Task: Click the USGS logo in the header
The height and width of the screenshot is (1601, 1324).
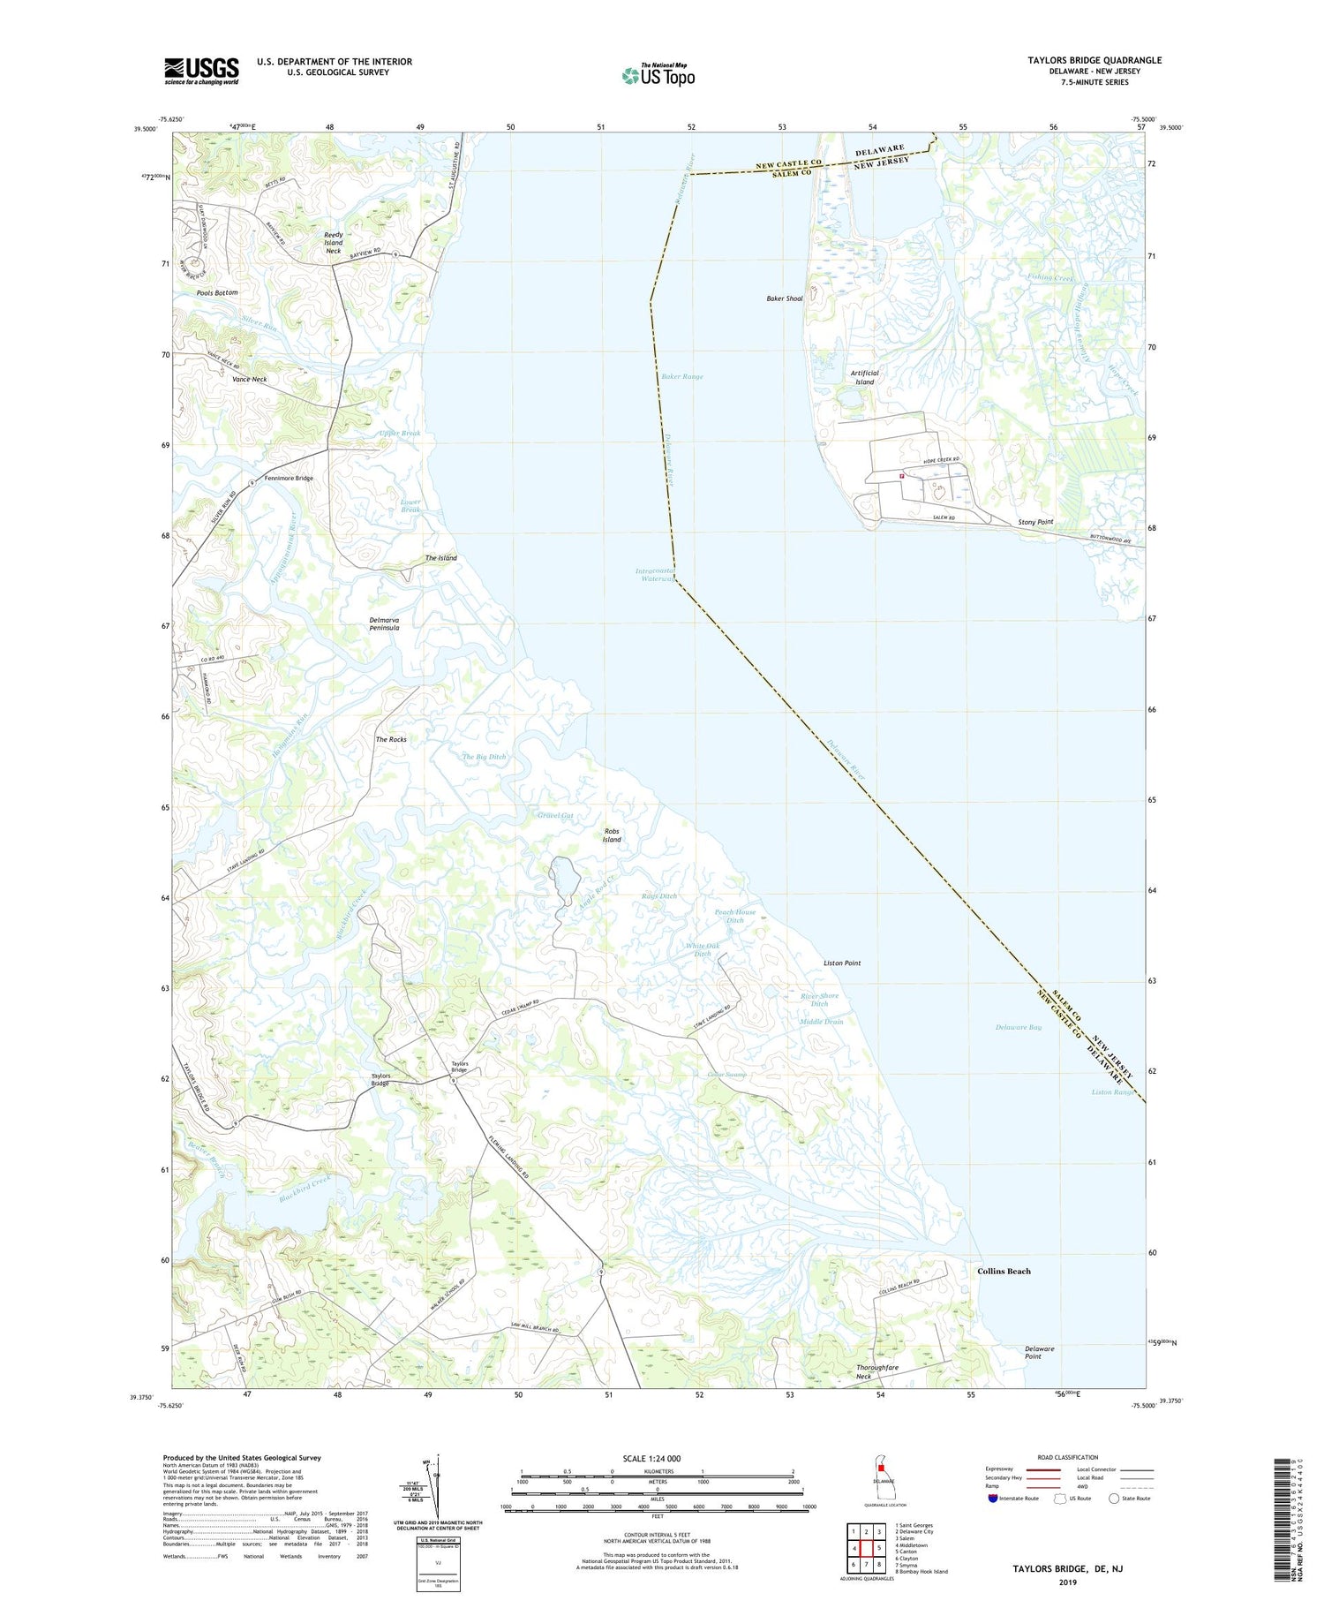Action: [201, 71]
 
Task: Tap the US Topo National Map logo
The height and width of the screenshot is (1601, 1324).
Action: [658, 76]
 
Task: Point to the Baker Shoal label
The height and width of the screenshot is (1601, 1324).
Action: [784, 298]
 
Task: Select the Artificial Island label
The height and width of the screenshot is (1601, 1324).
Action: [864, 377]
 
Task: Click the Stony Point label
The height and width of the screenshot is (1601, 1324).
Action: [1035, 522]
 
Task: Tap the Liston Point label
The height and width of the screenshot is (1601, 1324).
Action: [841, 963]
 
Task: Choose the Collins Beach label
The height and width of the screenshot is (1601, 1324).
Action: [1004, 1271]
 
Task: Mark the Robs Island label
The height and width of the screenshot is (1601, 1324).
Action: [612, 835]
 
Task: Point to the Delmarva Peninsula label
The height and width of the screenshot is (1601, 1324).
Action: [384, 623]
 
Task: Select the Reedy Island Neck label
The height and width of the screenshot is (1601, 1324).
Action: [333, 243]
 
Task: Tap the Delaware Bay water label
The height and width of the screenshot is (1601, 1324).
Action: [1018, 1027]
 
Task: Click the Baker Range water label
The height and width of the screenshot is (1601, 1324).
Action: [681, 376]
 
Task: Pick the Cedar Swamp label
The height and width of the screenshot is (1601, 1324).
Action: [727, 1075]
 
